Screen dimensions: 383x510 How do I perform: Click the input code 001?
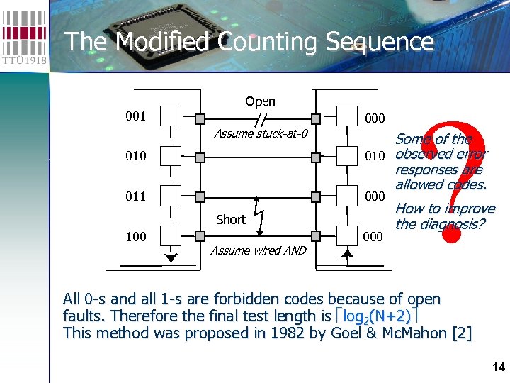[135, 116]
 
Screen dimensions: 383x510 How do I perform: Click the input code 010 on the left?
[135, 155]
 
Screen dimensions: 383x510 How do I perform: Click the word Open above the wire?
[260, 101]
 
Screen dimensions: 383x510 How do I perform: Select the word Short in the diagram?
[231, 219]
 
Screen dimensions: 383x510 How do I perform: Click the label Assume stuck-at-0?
[261, 133]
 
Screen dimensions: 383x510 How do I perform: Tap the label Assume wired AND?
[259, 250]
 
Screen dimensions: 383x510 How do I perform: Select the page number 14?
[497, 367]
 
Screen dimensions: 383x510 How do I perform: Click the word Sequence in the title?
[379, 42]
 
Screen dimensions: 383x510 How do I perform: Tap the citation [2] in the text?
[461, 333]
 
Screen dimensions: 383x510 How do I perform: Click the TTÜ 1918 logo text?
[24, 60]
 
